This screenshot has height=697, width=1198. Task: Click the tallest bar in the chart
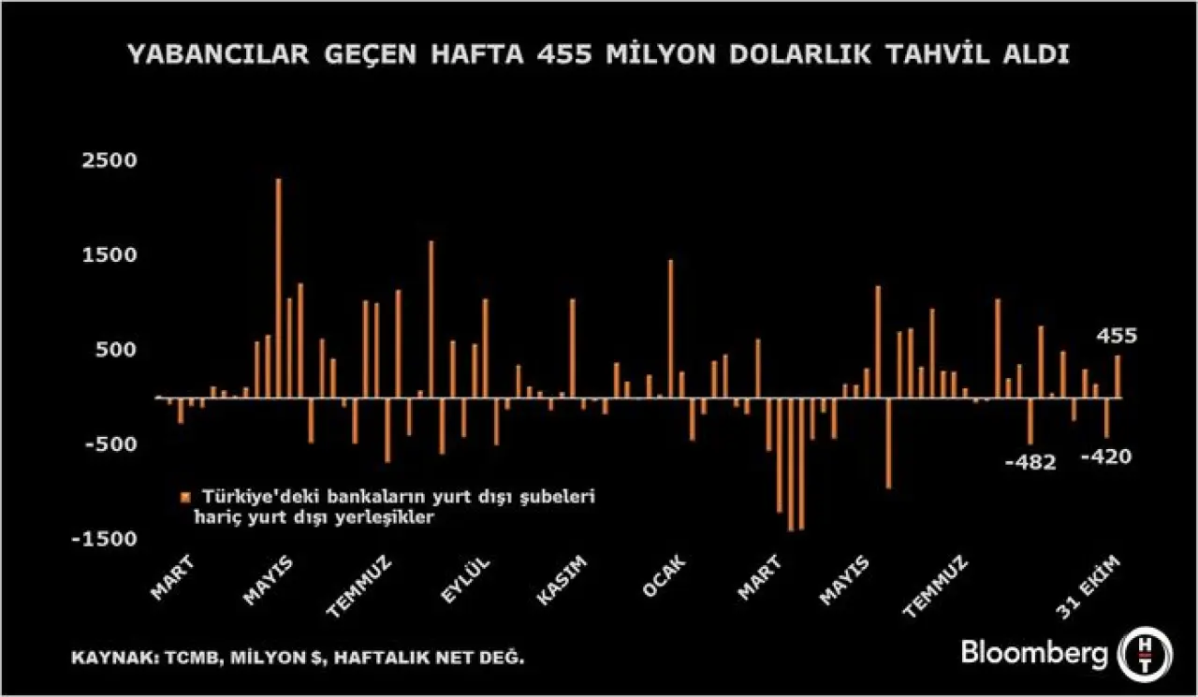(278, 287)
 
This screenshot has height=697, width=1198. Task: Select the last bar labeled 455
(1118, 376)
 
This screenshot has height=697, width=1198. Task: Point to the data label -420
(1105, 457)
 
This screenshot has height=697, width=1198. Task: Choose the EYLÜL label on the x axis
(466, 580)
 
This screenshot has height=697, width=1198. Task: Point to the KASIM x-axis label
(562, 580)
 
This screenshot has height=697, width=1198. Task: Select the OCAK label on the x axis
(665, 577)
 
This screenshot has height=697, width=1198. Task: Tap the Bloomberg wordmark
(1034, 653)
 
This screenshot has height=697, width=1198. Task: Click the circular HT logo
(1141, 653)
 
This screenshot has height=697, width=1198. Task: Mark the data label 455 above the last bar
(1118, 336)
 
